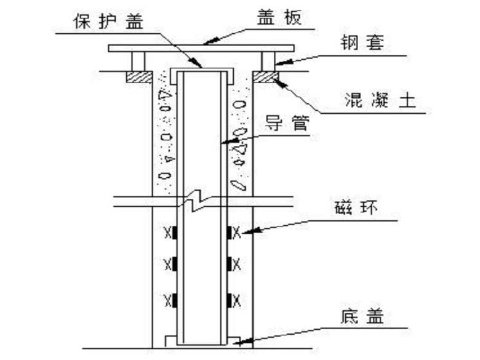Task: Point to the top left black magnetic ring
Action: click(x=175, y=233)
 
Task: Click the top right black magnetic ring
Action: click(x=229, y=233)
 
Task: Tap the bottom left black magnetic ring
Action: click(x=175, y=300)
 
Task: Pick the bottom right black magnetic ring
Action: click(x=229, y=300)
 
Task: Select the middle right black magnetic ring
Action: click(x=229, y=265)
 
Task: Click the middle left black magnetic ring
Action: click(x=175, y=265)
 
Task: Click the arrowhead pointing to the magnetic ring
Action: click(x=244, y=233)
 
